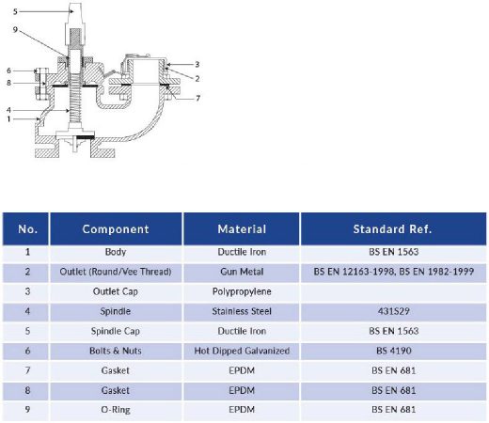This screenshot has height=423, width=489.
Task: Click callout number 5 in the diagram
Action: point(15,12)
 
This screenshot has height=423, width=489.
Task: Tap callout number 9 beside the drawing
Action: point(15,30)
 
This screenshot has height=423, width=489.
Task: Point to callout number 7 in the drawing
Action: point(197,99)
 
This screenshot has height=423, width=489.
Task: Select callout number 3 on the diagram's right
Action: point(197,64)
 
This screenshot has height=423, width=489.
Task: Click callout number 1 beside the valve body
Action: point(8,119)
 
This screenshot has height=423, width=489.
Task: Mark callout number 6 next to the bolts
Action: point(8,70)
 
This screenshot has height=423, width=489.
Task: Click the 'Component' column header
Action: point(116,229)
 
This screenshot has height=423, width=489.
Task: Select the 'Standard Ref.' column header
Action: point(392,229)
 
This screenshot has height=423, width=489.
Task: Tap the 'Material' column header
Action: point(242,229)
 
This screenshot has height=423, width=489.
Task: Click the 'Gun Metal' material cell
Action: point(242,272)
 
